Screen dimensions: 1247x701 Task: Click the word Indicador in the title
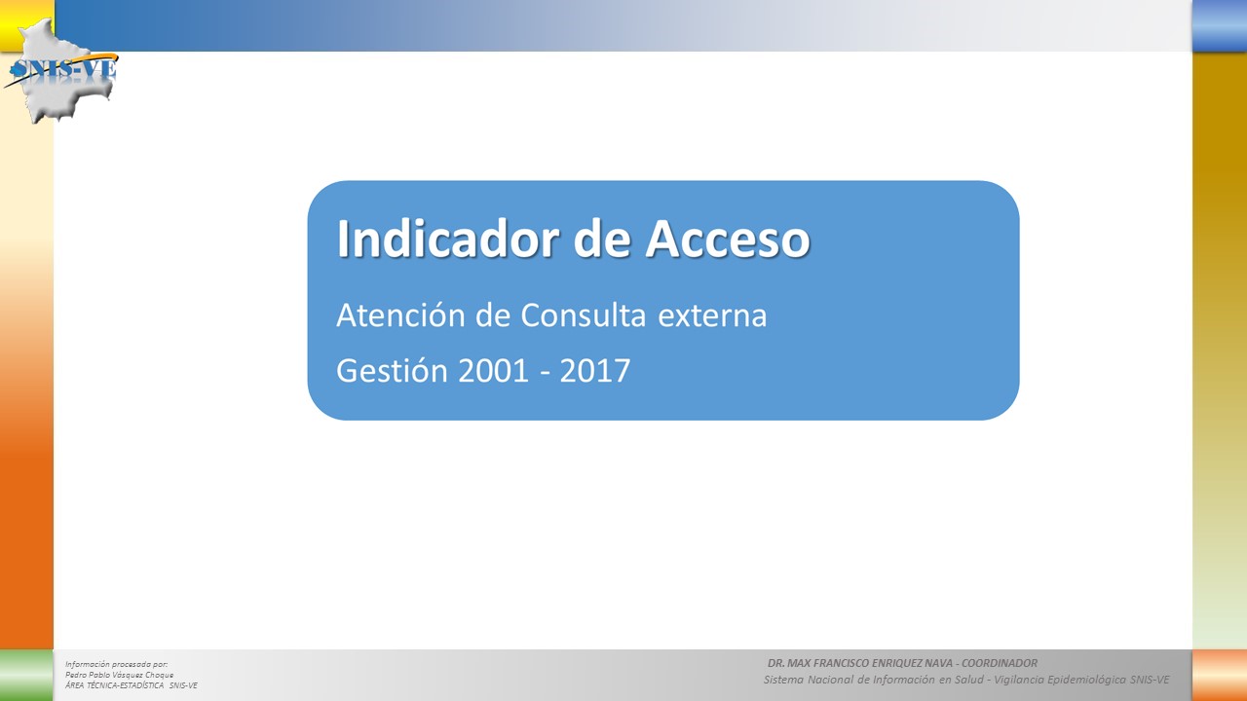(448, 239)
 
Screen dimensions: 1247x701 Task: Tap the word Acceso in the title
(728, 239)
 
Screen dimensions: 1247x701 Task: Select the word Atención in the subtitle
(400, 314)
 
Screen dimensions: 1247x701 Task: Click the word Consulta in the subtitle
(583, 315)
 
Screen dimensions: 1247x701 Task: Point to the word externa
(712, 316)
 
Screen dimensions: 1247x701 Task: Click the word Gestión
(392, 370)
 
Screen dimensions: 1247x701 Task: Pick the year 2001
(493, 371)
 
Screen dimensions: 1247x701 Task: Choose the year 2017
(595, 371)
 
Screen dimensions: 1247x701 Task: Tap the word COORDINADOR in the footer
(1000, 663)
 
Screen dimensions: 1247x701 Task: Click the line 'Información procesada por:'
(116, 664)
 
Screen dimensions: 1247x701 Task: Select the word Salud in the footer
(968, 680)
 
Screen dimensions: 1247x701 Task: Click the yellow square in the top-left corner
(17, 22)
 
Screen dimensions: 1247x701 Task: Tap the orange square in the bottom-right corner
(1220, 676)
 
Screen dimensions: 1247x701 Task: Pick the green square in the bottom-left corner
(26, 676)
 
